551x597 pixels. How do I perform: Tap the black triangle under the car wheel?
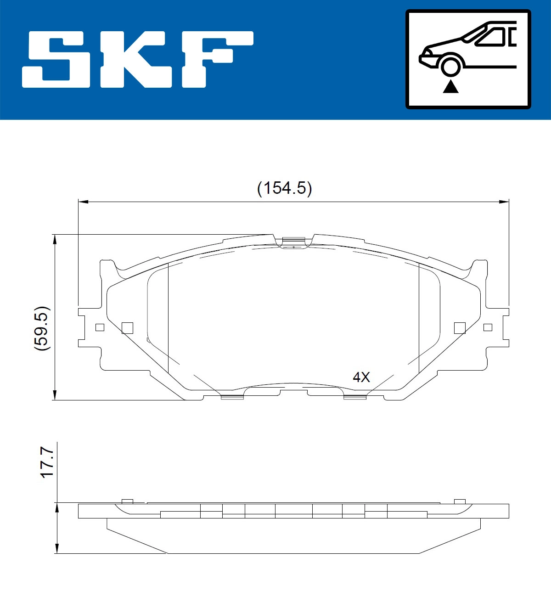450,86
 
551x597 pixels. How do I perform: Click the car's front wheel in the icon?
450,65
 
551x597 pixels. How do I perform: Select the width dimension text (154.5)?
284,188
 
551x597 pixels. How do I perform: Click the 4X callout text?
361,377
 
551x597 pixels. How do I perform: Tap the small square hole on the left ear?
100,327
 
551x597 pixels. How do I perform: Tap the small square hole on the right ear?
488,327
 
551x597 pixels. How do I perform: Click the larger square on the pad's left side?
127,327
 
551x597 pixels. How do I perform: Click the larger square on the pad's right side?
460,327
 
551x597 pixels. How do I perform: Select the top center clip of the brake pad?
293,241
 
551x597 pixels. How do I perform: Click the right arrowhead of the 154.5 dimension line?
505,201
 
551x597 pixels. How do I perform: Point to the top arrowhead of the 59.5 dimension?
55,239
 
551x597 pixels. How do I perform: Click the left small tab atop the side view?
127,501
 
